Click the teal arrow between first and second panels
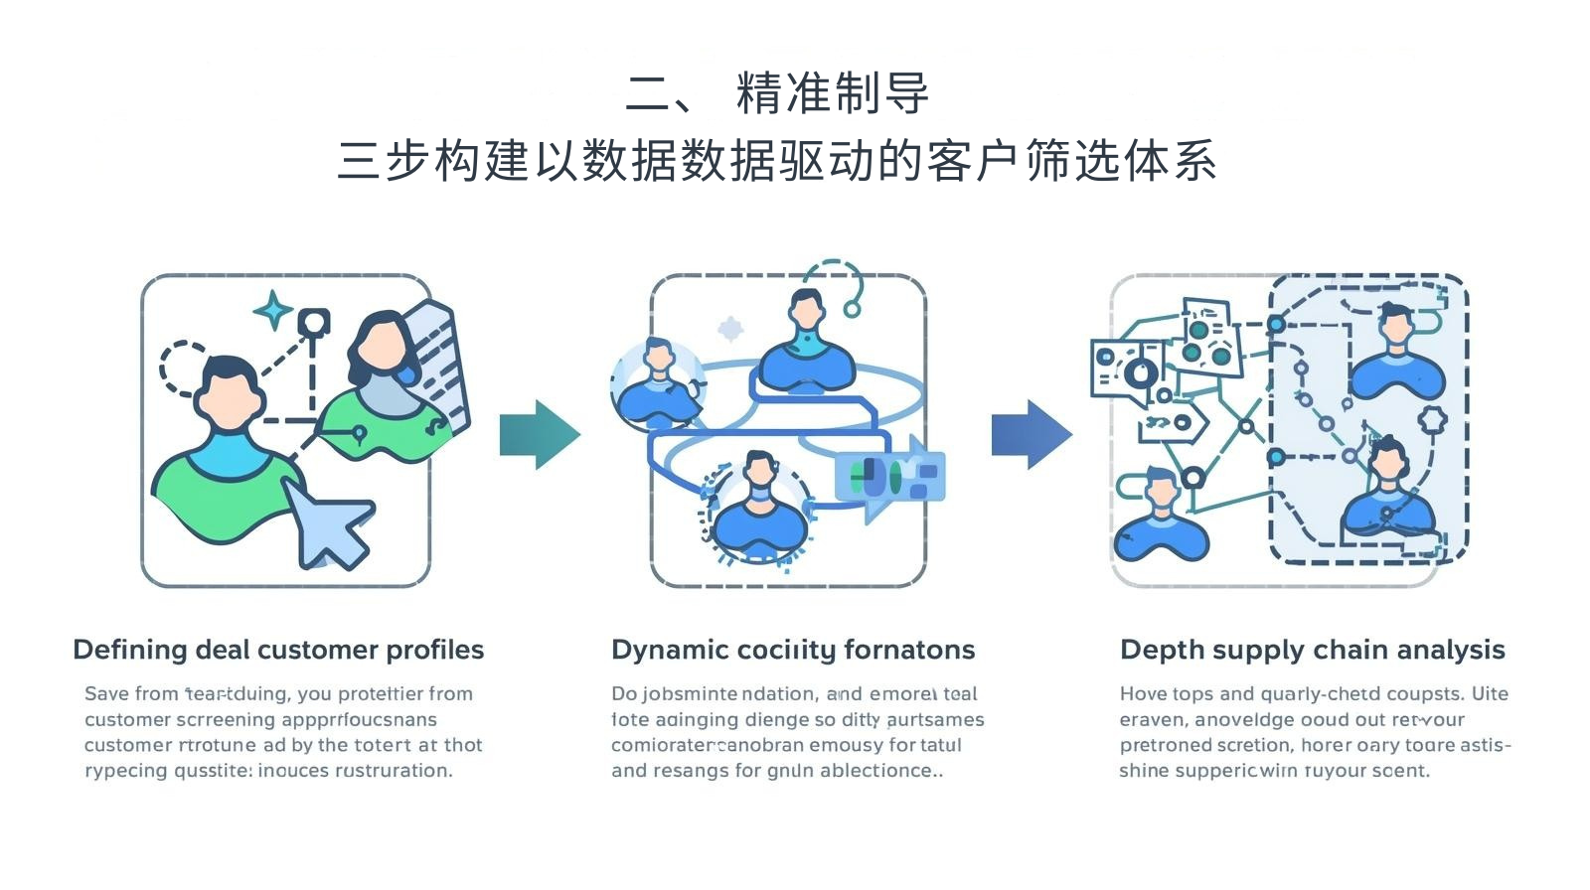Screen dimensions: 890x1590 (538, 434)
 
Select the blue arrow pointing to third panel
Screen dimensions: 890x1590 (1031, 434)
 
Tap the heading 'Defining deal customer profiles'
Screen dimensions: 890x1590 (278, 650)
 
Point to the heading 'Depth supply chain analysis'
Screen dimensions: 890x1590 (1312, 650)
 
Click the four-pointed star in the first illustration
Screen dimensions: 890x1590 (272, 311)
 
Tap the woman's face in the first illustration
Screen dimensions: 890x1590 (382, 349)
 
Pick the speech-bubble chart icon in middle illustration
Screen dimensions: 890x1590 (889, 478)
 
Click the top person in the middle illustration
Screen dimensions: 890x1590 (807, 343)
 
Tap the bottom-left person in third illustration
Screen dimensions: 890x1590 (1160, 518)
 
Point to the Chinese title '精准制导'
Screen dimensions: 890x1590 (833, 94)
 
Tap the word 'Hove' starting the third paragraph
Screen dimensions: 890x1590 (1143, 693)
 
